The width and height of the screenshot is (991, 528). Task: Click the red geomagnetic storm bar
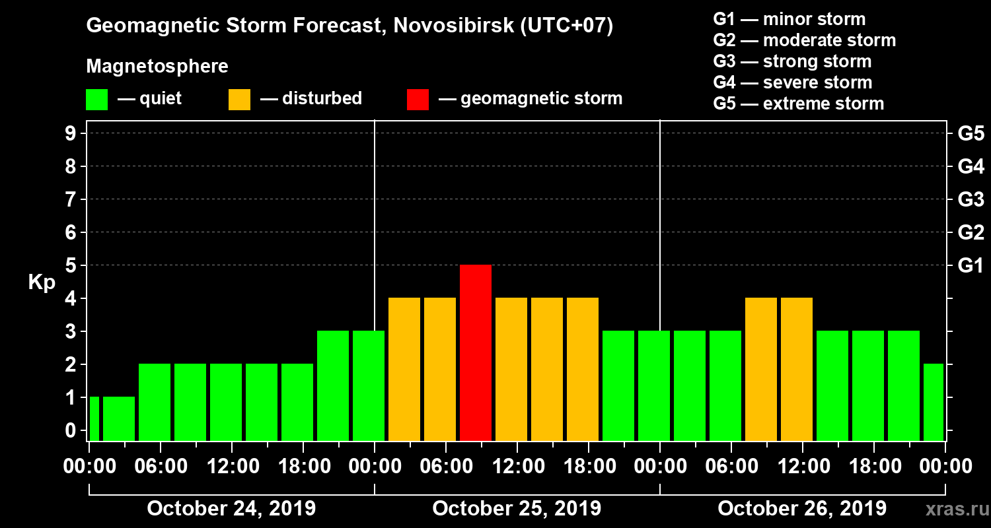476,352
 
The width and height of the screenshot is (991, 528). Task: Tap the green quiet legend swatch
96,100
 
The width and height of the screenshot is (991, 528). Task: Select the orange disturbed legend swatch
239,100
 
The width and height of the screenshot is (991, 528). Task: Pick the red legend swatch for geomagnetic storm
418,100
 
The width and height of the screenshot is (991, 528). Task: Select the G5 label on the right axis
971,133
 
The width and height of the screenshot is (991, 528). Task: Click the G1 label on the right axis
971,265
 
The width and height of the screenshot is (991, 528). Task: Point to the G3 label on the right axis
971,199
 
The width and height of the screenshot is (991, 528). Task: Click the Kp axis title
41,282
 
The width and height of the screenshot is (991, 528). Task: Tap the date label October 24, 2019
231,509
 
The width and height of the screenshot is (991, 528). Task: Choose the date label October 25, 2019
517,509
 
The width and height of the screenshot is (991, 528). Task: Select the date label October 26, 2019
802,509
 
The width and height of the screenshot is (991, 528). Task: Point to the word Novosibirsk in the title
446,26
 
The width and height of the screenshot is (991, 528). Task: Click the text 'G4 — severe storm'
792,82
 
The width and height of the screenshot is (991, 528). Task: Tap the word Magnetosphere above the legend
157,67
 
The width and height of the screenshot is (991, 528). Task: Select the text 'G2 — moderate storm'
804,40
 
